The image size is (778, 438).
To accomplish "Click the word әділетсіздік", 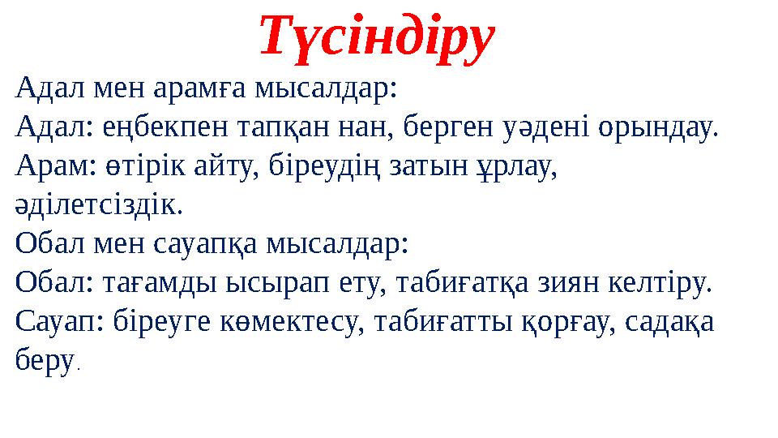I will (x=99, y=205).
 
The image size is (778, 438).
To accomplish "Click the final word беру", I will (x=42, y=362).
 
